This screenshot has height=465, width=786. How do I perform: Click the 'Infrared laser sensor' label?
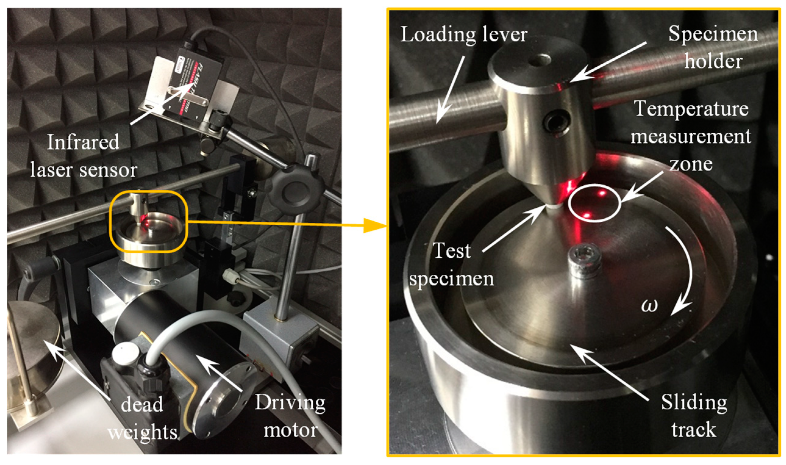coord(83,156)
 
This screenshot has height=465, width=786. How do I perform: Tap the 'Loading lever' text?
coord(464,34)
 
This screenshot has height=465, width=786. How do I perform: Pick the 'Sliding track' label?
coord(694,416)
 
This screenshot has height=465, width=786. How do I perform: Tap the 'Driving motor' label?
coord(290,416)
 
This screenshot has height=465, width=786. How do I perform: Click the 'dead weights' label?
coord(143,418)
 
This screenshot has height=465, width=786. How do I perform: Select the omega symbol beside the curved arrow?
coord(649,305)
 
